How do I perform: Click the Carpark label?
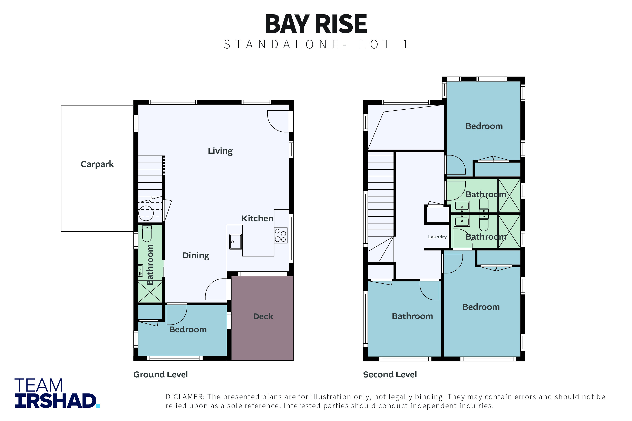click(x=97, y=164)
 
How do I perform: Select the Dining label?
click(x=196, y=255)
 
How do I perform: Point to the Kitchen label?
click(x=257, y=218)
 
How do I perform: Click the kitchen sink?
click(x=235, y=242)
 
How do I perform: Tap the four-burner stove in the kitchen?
click(x=280, y=235)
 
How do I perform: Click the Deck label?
click(x=263, y=316)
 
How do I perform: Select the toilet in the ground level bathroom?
click(x=147, y=234)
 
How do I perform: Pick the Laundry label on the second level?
click(x=437, y=237)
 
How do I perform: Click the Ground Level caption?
click(x=161, y=374)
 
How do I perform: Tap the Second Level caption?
click(x=390, y=374)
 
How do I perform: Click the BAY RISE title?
click(x=316, y=24)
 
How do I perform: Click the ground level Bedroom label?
click(x=188, y=329)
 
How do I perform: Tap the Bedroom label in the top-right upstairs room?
click(x=484, y=126)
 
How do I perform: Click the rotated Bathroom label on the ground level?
click(x=150, y=264)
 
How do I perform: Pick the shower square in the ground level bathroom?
click(x=150, y=292)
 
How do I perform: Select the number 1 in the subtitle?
click(x=405, y=44)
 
